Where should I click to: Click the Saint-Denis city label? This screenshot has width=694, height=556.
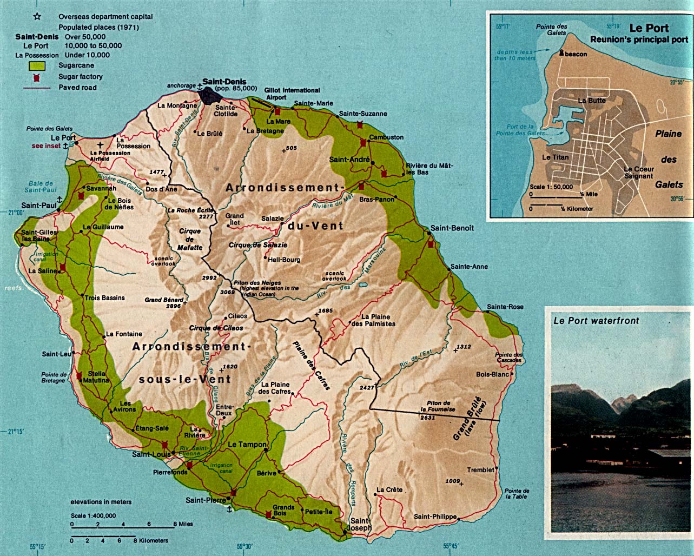pyautogui.click(x=224, y=82)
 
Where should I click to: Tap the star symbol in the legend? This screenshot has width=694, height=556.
pyautogui.click(x=37, y=17)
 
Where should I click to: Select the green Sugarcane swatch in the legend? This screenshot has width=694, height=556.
pyautogui.click(x=37, y=66)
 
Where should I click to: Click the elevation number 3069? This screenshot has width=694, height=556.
pyautogui.click(x=228, y=292)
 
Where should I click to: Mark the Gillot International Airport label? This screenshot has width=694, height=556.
pyautogui.click(x=292, y=94)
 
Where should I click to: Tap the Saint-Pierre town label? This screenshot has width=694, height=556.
pyautogui.click(x=206, y=500)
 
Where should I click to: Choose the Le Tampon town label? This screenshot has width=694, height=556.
pyautogui.click(x=247, y=444)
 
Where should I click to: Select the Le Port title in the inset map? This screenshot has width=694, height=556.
pyautogui.click(x=649, y=28)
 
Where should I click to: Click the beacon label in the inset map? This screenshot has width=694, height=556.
pyautogui.click(x=576, y=54)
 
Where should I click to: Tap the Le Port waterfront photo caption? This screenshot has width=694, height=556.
pyautogui.click(x=596, y=321)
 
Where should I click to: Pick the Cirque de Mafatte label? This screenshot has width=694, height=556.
pyautogui.click(x=190, y=239)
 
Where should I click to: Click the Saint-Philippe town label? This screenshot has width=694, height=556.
pyautogui.click(x=435, y=517)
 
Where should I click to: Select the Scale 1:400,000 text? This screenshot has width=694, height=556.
pyautogui.click(x=93, y=515)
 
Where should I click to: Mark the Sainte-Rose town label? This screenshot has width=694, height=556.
pyautogui.click(x=505, y=307)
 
